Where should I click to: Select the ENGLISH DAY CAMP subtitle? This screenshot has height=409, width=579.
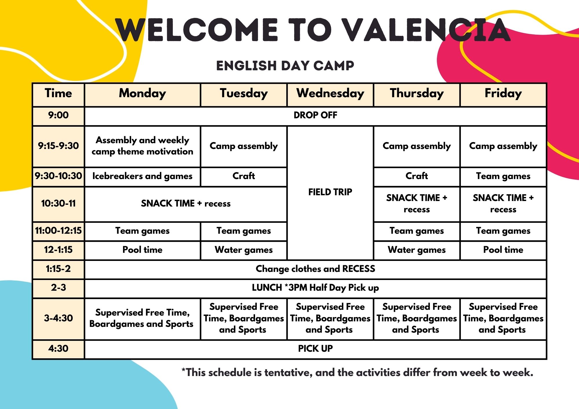point(285,66)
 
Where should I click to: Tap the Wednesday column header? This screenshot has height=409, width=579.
point(330,93)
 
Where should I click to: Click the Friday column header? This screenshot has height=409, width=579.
point(503,93)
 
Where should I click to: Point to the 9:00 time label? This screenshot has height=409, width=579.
point(58,115)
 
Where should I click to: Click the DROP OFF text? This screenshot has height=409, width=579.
point(315,115)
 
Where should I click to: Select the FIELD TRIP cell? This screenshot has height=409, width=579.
point(330,192)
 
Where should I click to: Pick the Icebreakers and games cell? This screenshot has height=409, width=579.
point(142,176)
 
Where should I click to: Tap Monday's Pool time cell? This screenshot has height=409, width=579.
point(142,250)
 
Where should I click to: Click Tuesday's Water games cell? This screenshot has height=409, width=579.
point(243,250)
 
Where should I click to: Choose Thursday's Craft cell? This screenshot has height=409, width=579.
point(417,176)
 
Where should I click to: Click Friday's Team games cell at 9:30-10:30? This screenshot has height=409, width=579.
point(503,176)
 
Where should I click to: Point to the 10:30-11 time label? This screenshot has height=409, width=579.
point(58,203)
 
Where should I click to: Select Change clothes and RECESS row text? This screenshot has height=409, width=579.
point(315,269)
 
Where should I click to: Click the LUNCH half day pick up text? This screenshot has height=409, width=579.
point(315,288)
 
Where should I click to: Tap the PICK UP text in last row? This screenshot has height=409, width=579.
point(315,349)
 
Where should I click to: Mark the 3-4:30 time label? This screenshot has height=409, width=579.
point(58,318)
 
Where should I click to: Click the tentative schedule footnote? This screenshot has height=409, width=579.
point(357,373)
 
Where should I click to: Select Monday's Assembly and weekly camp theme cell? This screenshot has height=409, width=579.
point(142,146)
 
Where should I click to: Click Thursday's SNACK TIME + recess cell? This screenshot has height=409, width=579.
point(417,203)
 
